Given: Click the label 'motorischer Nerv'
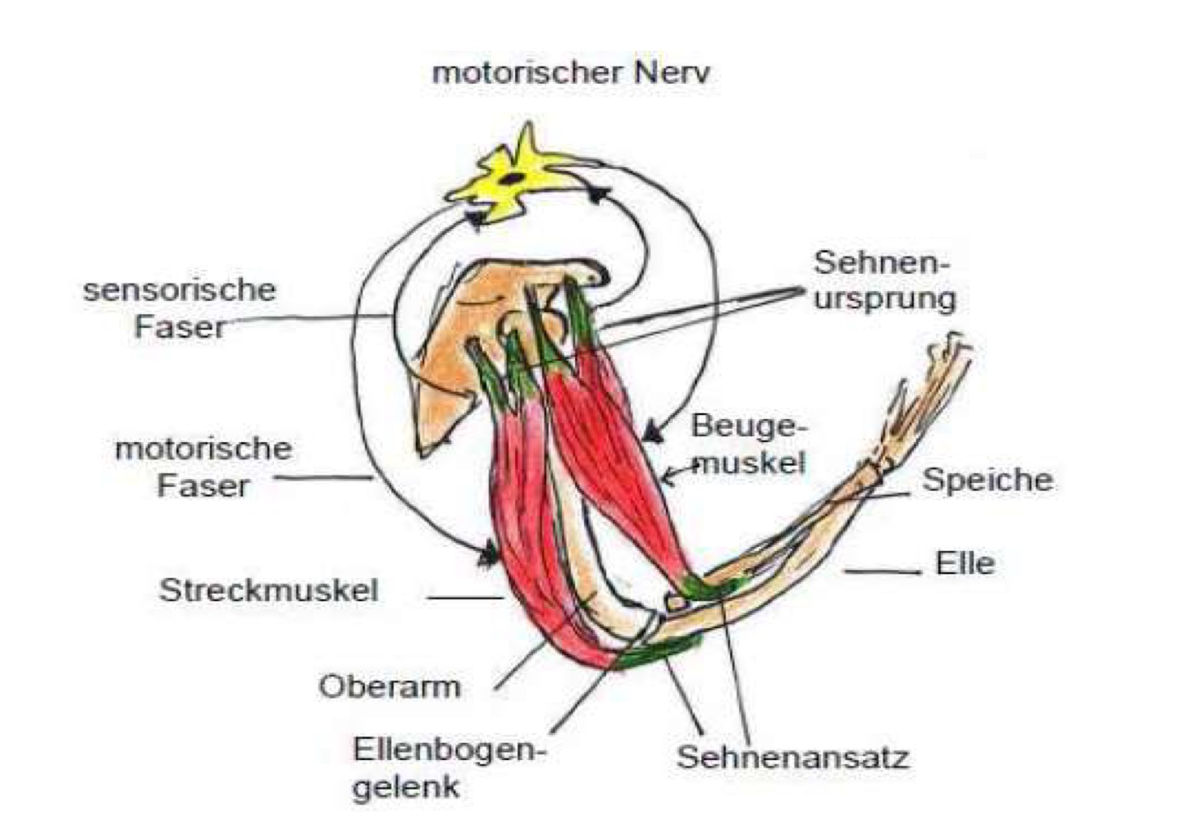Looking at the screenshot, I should pyautogui.click(x=570, y=73).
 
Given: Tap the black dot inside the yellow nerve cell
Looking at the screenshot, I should pyautogui.click(x=511, y=178).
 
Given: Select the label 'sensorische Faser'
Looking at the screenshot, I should pyautogui.click(x=179, y=308).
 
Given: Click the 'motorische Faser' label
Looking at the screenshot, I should pyautogui.click(x=203, y=467).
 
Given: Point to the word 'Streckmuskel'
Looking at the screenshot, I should pyautogui.click(x=268, y=590).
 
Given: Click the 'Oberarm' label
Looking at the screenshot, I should pyautogui.click(x=389, y=686).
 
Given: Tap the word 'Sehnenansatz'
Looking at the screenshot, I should pyautogui.click(x=792, y=757).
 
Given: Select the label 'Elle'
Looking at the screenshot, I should pyautogui.click(x=965, y=563).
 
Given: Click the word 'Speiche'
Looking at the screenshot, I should pyautogui.click(x=987, y=480).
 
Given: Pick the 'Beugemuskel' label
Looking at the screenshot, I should pyautogui.click(x=748, y=444).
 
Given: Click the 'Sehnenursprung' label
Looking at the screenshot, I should pyautogui.click(x=883, y=280).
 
